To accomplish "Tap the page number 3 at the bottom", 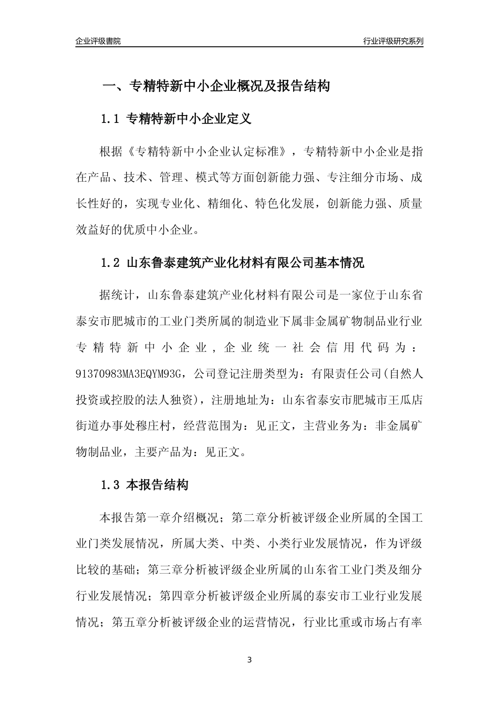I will point(250,660).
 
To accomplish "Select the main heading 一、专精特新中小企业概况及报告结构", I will point(215,86).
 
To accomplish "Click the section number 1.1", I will point(111,119).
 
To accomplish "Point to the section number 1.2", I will point(111,263).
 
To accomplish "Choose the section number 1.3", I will point(111,485).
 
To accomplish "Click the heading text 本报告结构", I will point(158,485).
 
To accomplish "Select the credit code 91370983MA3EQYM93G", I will point(129,373).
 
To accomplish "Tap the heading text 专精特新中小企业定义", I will point(189,119).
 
